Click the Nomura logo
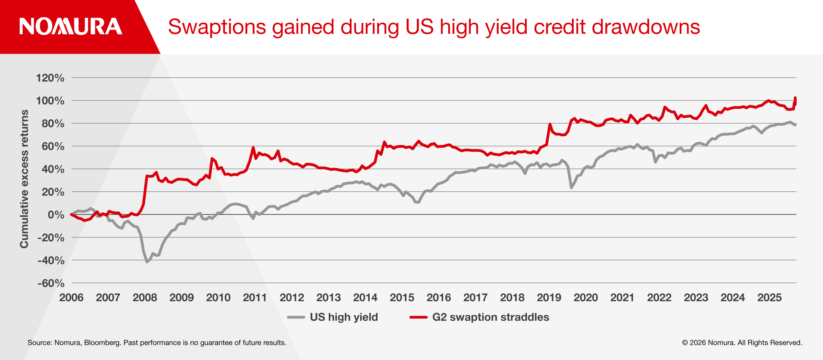tap(71, 26)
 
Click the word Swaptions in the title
tap(217, 27)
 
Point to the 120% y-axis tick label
tap(50, 78)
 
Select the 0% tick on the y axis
tap(56, 215)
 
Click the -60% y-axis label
tap(51, 283)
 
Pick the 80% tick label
tap(53, 123)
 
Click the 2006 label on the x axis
tap(71, 297)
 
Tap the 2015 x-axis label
tap(402, 297)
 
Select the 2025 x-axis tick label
tap(770, 297)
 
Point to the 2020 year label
tap(586, 297)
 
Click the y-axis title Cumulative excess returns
tap(24, 179)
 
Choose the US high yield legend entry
tap(344, 317)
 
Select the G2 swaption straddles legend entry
tap(490, 317)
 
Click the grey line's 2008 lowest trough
tap(147, 262)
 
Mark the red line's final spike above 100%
tap(795, 98)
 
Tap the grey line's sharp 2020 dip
tap(571, 188)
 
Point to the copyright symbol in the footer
tap(685, 343)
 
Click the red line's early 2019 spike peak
tap(550, 124)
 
